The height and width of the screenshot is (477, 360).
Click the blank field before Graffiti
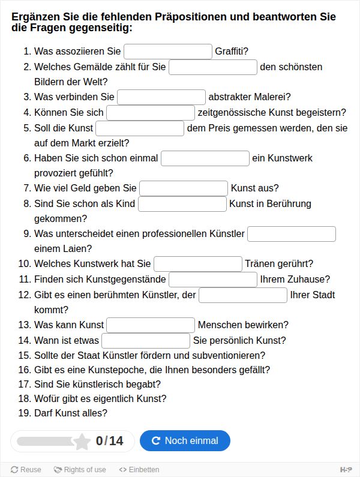click(168, 52)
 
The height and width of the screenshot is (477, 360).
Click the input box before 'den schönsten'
click(213, 67)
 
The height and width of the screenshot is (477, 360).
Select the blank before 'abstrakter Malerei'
click(161, 97)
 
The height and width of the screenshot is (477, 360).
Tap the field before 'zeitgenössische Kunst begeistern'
click(151, 113)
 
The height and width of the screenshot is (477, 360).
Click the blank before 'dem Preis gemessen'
click(140, 128)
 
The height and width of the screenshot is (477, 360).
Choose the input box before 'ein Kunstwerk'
click(205, 158)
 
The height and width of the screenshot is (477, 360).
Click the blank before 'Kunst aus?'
click(184, 188)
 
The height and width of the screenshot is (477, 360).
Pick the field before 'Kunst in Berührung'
click(182, 204)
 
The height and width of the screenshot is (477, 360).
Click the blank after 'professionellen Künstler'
click(292, 234)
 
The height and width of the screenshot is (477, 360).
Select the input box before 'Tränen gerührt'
click(198, 264)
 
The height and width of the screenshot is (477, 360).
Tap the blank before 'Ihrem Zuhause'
click(213, 280)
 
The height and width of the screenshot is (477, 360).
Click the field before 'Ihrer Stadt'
click(243, 295)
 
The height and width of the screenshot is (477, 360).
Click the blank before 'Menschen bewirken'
click(151, 325)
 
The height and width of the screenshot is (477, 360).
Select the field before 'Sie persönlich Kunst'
click(146, 341)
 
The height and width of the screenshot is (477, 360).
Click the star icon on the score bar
click(82, 442)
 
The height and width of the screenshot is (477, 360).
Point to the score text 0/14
click(109, 442)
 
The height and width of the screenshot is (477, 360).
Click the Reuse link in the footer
click(26, 470)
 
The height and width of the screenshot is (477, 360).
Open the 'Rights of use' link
click(80, 470)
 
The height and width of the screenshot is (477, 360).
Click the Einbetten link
click(139, 470)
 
